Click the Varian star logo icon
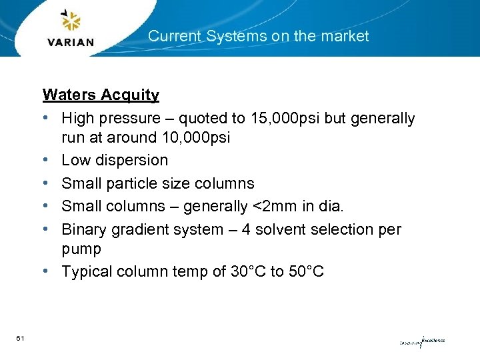tap(71, 21)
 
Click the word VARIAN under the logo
tap(71, 43)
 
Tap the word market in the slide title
tap(345, 36)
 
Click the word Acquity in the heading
tap(130, 95)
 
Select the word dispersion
tap(132, 160)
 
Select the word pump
tap(81, 249)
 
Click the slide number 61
tap(21, 339)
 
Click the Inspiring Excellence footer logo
tap(421, 341)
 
